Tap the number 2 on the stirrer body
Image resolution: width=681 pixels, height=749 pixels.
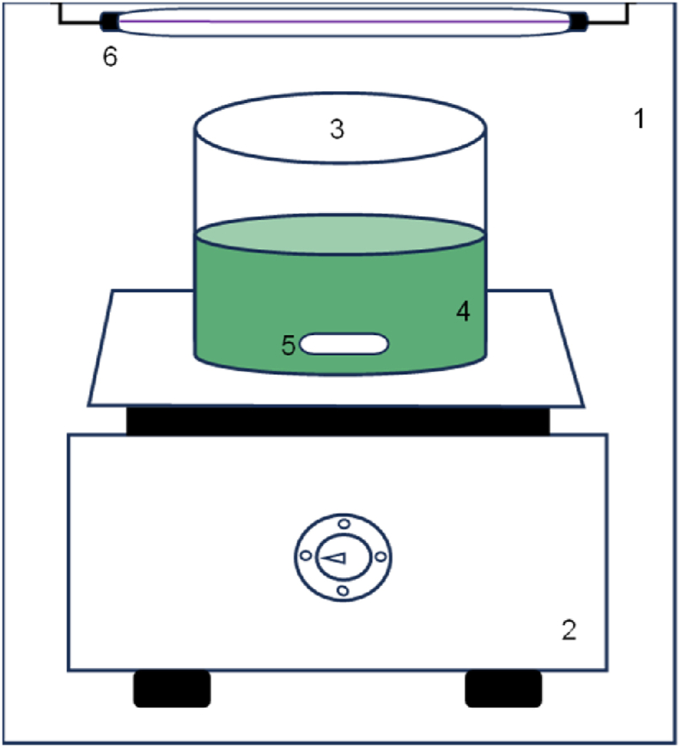tap(569, 631)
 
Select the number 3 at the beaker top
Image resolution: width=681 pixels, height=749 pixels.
tap(337, 129)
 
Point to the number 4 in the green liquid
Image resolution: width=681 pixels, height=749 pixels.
tap(464, 312)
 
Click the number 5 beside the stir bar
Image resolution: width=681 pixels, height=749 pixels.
tap(289, 345)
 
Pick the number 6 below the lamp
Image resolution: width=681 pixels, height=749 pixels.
tap(110, 58)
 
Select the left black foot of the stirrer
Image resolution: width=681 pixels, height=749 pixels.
tap(172, 689)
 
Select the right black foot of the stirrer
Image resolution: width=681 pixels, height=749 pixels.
tap(503, 689)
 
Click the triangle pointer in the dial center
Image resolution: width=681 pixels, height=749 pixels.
tap(335, 557)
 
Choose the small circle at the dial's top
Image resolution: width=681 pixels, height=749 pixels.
tap(343, 524)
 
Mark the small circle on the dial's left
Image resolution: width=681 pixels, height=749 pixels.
tap(305, 557)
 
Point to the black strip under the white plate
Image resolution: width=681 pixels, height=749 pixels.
tap(338, 420)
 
